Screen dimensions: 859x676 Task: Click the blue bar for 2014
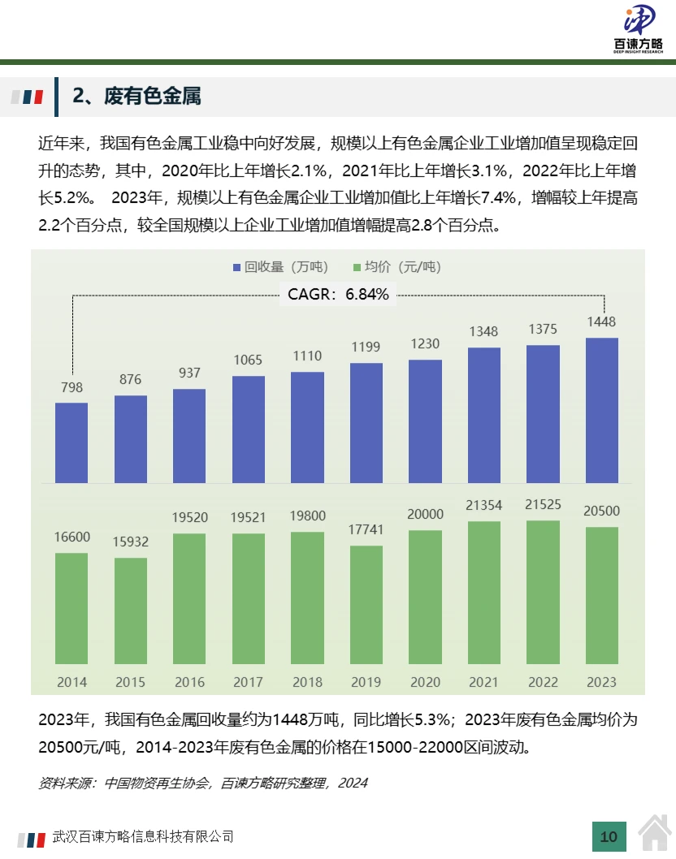(71, 443)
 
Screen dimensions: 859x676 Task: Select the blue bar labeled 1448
(602, 411)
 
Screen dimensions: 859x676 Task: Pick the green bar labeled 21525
(544, 593)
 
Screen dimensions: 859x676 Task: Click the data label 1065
(249, 360)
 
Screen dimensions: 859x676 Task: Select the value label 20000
(425, 514)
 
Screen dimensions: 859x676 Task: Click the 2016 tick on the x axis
(189, 682)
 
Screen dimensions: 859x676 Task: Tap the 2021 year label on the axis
(484, 682)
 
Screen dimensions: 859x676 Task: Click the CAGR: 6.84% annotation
(338, 295)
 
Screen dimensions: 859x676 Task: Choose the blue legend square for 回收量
(236, 267)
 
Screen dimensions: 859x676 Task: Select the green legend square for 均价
(357, 267)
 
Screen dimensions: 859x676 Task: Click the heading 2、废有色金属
(136, 97)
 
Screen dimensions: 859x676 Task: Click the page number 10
(609, 836)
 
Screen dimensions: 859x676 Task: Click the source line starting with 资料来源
(203, 783)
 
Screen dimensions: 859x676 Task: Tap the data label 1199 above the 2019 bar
(366, 347)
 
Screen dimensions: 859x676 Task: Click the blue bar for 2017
(249, 430)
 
